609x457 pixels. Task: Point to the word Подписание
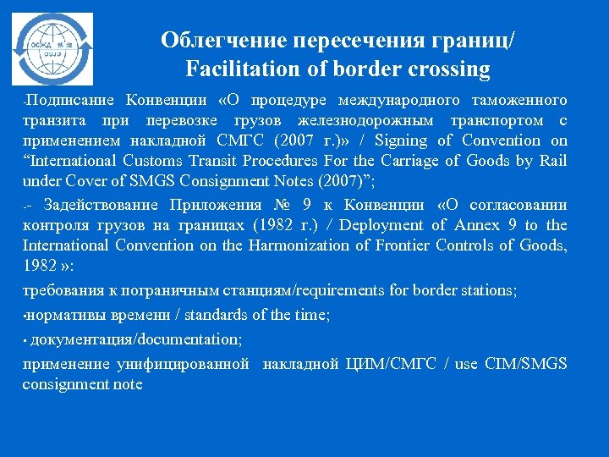coord(70,100)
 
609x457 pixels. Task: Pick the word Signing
coord(403,140)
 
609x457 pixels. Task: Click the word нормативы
coord(68,315)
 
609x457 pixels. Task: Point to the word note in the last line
coord(127,384)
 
